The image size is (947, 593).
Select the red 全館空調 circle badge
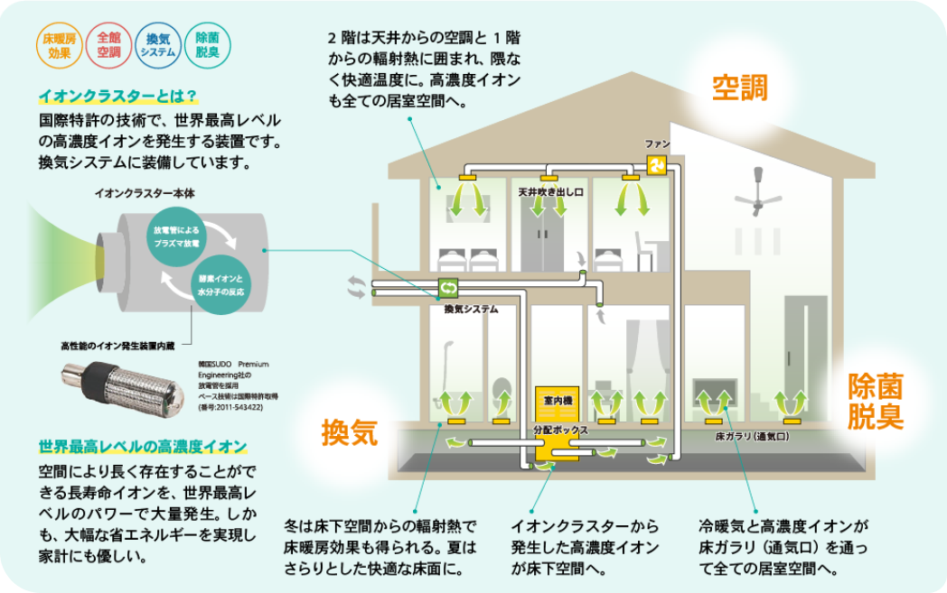point(108,46)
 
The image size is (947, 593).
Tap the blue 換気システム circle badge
point(158,46)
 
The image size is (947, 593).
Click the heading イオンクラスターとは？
point(117,96)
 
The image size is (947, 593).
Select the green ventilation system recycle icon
point(448,288)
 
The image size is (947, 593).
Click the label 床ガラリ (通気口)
point(753,435)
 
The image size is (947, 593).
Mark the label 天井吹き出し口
point(551,192)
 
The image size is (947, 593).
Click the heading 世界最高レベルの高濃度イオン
point(143,447)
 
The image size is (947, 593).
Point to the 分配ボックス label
point(560,431)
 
